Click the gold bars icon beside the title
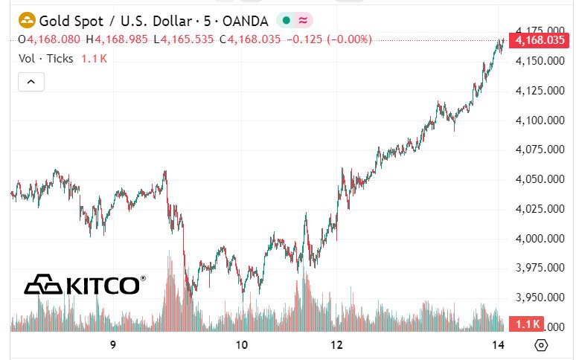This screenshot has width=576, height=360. point(27,20)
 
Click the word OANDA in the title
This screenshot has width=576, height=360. point(243,20)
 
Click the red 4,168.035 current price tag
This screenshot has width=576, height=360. point(540,40)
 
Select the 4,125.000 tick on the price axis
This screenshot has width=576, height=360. point(540,91)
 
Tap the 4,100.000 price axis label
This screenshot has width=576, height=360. point(540,120)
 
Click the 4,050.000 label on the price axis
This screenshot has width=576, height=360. point(540,179)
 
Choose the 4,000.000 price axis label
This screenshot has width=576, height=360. point(540,239)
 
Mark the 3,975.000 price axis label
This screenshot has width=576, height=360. point(540,268)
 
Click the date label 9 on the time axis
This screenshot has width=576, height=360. point(113,345)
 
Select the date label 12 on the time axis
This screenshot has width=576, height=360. point(336,345)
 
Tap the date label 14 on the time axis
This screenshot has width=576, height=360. point(499,345)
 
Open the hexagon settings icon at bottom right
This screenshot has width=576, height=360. point(541,345)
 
